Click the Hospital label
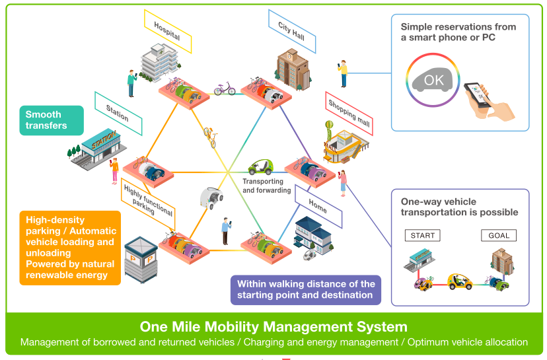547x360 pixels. pos(167,32)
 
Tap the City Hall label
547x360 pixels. pos(291,28)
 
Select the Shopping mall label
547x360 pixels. pos(349,113)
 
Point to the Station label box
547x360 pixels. pos(118,112)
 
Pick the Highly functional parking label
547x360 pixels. pos(147,200)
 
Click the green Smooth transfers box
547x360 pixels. pos(52,120)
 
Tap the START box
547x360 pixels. pos(422,235)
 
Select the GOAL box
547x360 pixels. pos(498,235)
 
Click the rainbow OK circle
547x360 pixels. pos(433,80)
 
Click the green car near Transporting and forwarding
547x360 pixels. pos(260,168)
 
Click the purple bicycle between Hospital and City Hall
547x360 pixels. pos(225,89)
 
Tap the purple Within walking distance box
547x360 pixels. pos(306,289)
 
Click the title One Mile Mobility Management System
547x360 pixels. pos(273,326)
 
